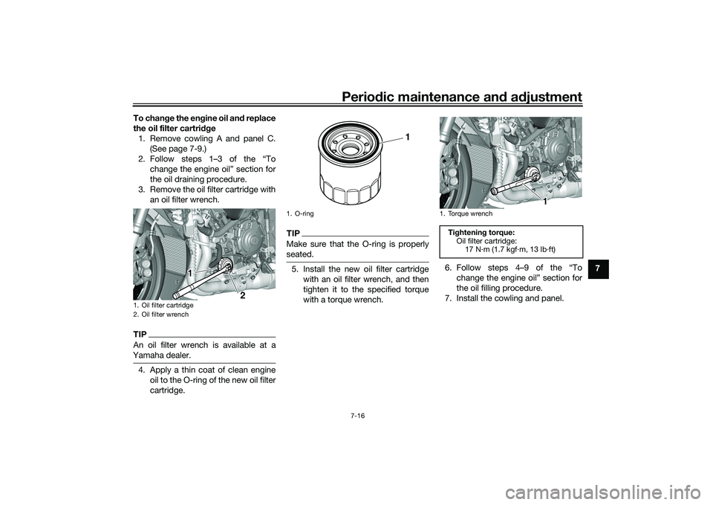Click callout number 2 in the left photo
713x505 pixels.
[x=241, y=295]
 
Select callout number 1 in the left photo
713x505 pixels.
[x=190, y=274]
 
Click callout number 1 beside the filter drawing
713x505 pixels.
[x=407, y=136]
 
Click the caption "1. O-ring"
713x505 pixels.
[x=299, y=213]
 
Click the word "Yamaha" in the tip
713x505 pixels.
[x=149, y=356]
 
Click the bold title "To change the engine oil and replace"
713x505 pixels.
[x=204, y=118]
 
